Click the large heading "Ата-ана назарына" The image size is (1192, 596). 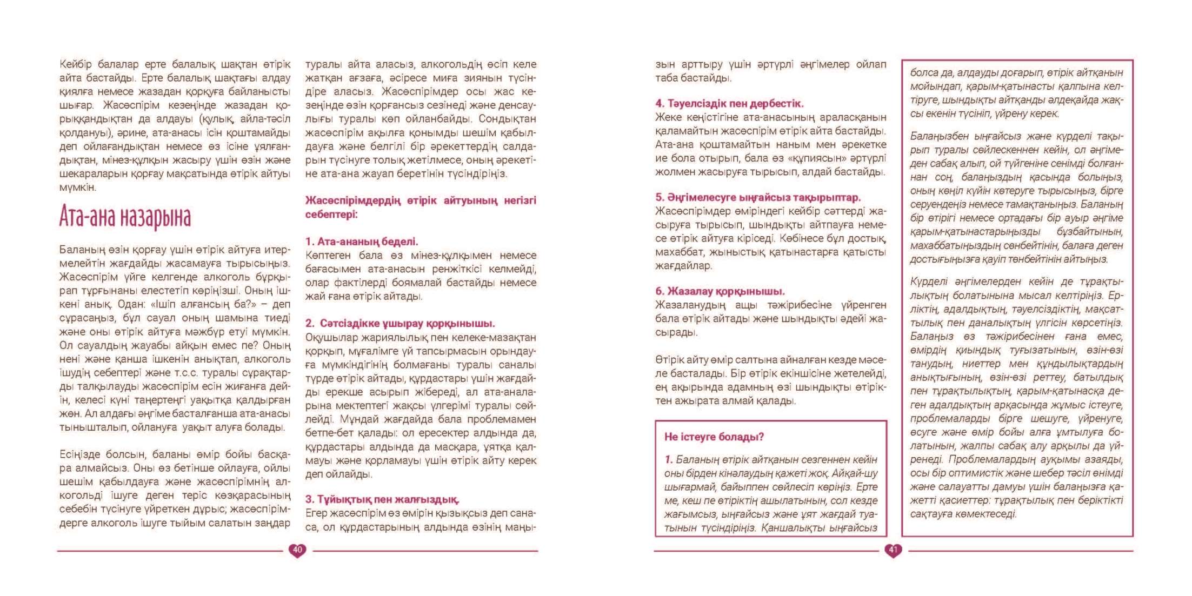tap(125, 217)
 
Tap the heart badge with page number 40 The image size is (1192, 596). tap(297, 550)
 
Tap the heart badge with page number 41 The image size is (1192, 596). tap(893, 550)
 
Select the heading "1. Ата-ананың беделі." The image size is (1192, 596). tap(362, 242)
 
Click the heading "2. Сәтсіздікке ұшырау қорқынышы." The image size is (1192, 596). tap(400, 323)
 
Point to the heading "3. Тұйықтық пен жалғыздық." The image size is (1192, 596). tap(382, 499)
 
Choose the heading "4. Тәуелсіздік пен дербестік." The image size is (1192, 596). tap(729, 103)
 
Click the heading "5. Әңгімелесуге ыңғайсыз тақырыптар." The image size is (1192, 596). tap(758, 197)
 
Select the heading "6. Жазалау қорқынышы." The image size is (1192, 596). tap(720, 291)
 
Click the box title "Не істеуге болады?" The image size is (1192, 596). tap(714, 437)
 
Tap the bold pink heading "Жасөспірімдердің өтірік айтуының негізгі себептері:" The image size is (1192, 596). tap(421, 207)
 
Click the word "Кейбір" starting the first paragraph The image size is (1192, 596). tap(76, 64)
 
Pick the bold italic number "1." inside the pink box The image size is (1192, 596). tap(669, 460)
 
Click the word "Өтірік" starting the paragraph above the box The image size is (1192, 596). tap(670, 360)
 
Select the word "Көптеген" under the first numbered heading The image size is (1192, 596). tap(329, 256)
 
